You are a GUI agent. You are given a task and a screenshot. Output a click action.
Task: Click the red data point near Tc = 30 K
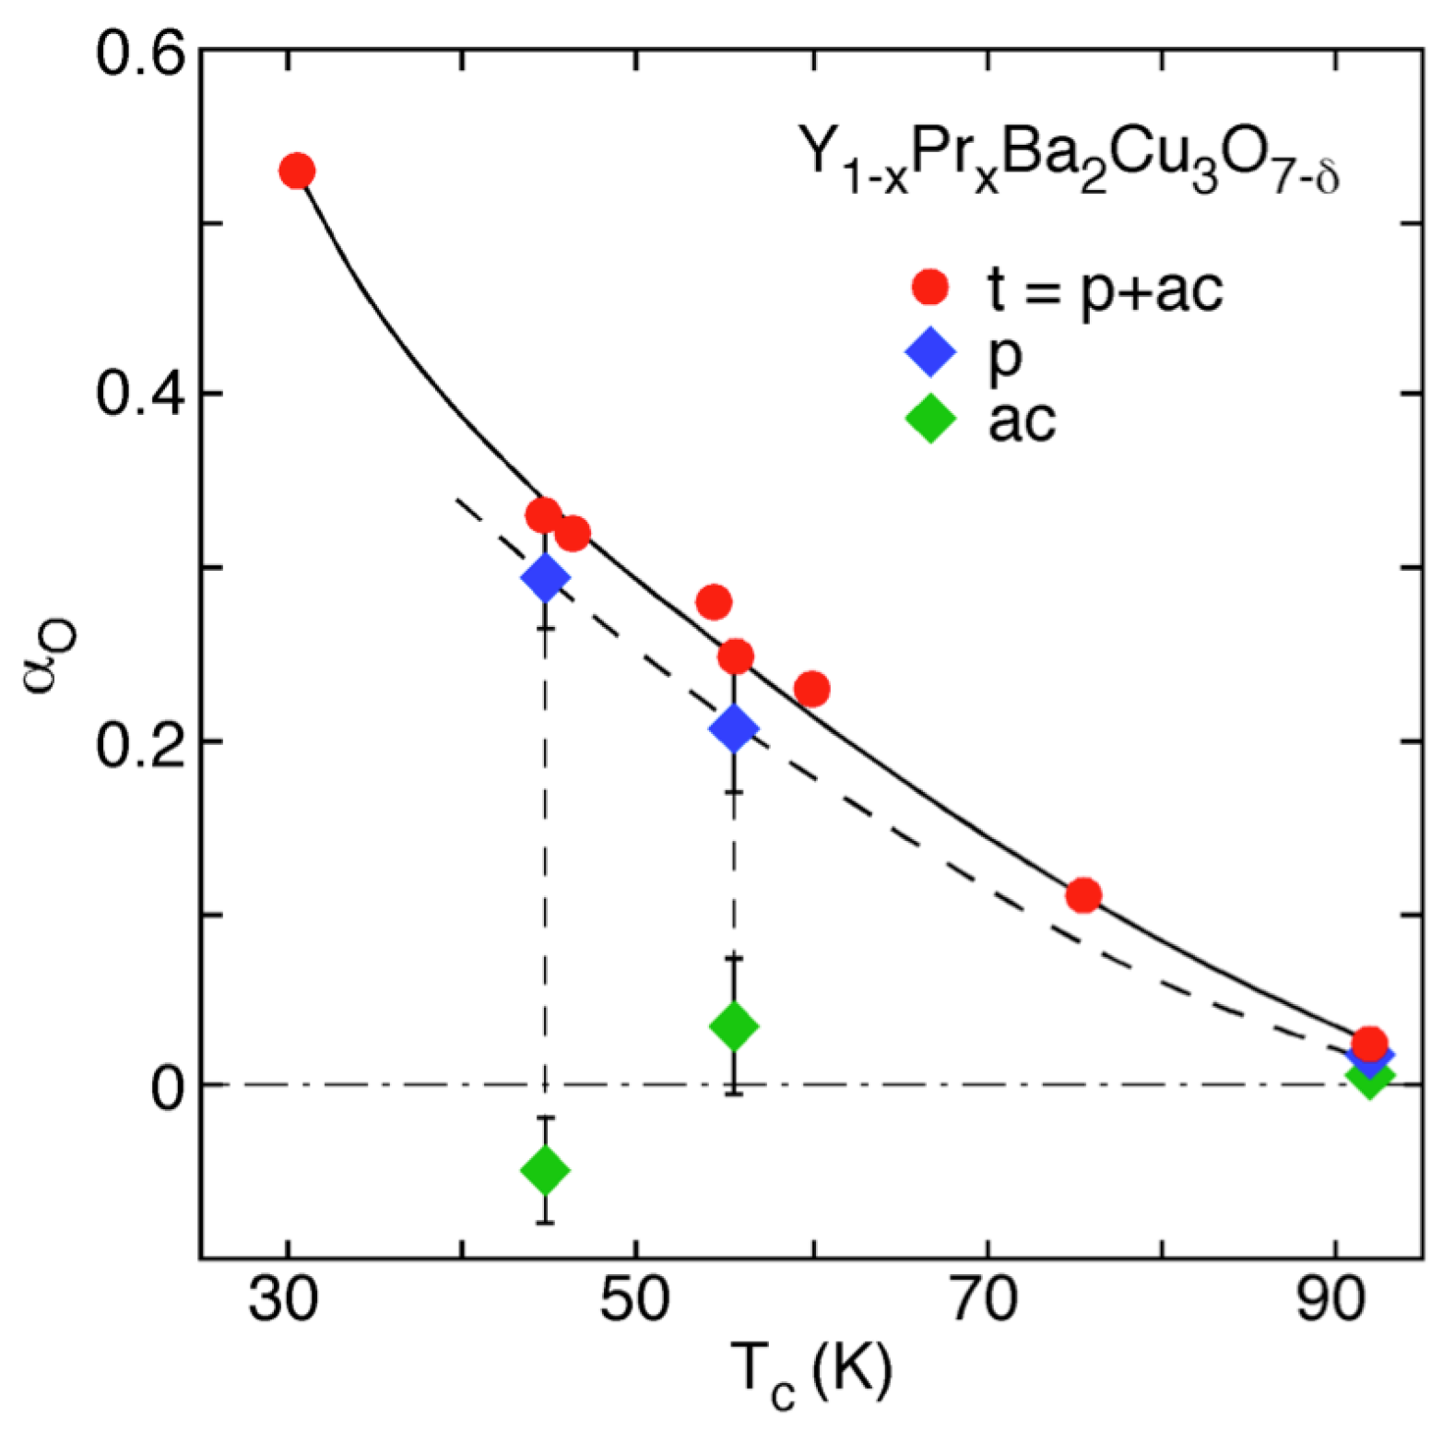297,171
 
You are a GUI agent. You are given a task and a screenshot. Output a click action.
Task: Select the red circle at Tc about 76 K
1083,895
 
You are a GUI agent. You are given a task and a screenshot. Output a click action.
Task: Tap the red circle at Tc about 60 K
811,689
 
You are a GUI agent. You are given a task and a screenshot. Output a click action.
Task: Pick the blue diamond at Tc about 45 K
545,579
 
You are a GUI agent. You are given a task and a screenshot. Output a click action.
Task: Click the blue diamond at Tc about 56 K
734,728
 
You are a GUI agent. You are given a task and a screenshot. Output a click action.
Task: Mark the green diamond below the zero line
545,1170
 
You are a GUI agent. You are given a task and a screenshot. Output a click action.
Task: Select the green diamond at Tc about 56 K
734,1025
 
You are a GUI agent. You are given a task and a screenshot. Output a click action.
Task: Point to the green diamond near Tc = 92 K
1369,1076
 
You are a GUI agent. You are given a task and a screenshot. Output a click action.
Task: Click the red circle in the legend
930,288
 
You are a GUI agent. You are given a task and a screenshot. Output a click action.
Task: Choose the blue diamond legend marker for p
930,354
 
